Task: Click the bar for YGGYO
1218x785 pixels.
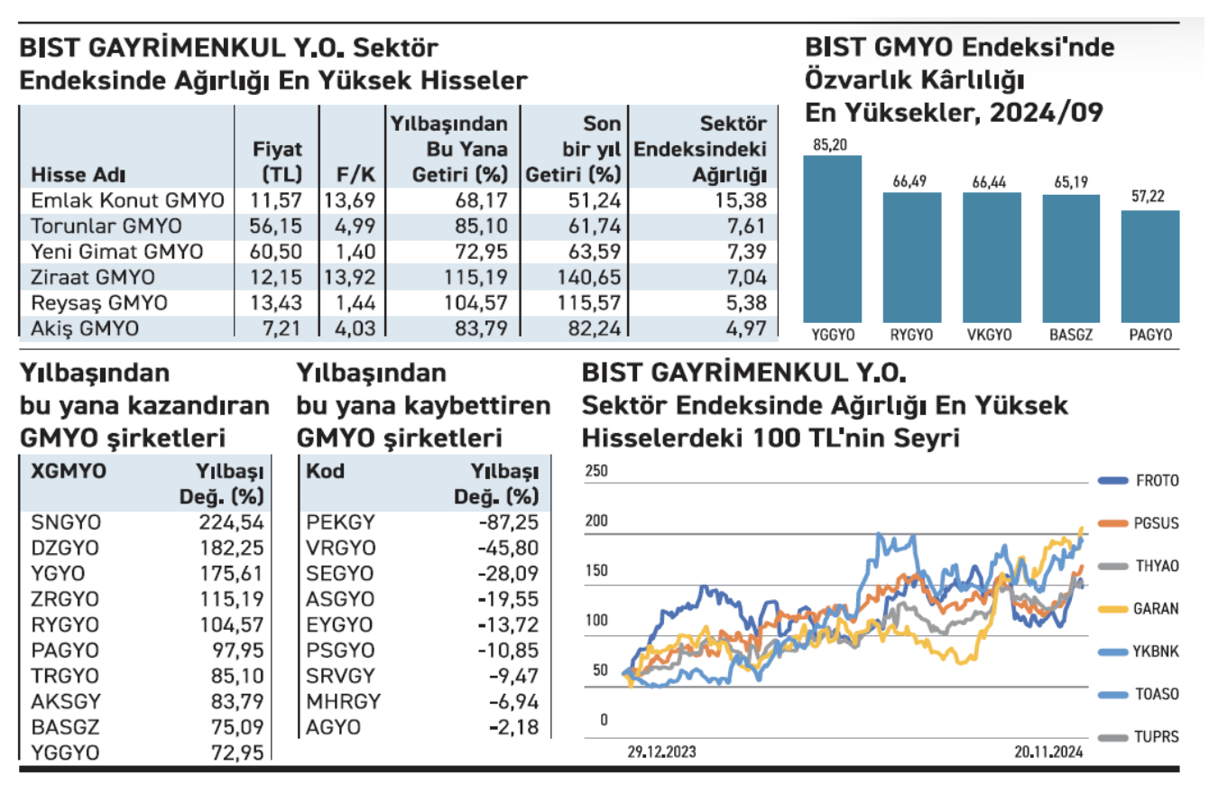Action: pos(832,239)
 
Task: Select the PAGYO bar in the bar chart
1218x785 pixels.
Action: pos(1150,266)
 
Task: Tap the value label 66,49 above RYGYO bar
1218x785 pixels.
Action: pos(911,181)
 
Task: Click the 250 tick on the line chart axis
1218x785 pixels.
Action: pos(597,470)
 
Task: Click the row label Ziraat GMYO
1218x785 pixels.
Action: pos(93,278)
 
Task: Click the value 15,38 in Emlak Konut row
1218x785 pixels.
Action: pos(745,201)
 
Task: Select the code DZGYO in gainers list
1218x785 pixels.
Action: pos(66,547)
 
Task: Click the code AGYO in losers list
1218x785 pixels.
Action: pos(334,727)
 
